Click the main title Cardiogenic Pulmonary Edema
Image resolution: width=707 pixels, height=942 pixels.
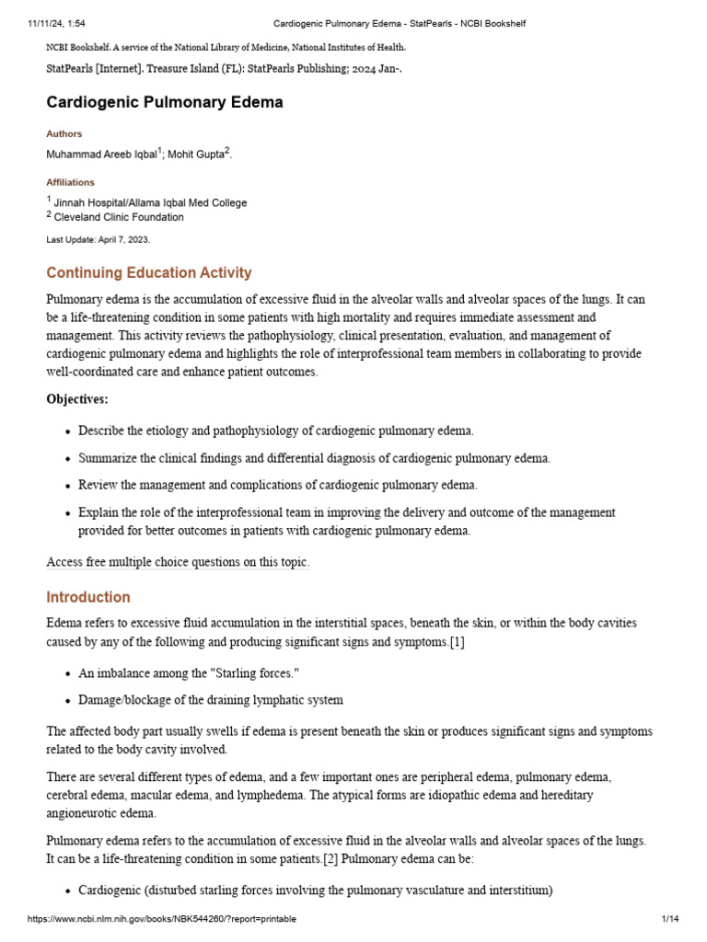165,103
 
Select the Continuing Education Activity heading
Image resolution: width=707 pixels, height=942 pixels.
149,273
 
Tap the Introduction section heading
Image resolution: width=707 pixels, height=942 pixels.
88,597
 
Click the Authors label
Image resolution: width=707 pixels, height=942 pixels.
64,133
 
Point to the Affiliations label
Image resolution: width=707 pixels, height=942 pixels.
71,182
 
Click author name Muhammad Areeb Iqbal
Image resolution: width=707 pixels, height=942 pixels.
101,155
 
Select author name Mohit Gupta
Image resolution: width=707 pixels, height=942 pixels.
197,155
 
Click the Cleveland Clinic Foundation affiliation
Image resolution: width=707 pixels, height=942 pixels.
119,217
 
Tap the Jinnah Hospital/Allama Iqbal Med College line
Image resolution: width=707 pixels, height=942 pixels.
150,202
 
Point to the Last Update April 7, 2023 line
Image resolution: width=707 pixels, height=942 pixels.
98,239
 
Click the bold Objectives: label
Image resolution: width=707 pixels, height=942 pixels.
77,399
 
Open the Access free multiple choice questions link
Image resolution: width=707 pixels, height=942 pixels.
178,562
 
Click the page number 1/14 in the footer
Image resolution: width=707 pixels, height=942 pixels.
669,919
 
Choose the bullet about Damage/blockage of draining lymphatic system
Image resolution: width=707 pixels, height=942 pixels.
211,700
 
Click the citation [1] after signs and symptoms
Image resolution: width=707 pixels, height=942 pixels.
456,642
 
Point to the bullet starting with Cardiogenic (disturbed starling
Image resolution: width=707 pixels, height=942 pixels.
315,890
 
